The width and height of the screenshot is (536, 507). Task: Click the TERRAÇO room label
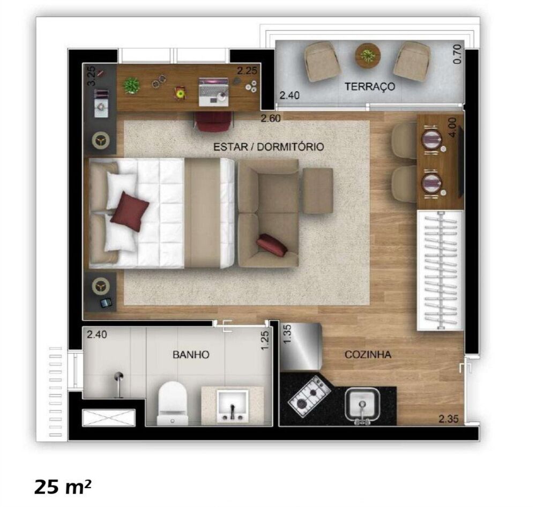click(370, 86)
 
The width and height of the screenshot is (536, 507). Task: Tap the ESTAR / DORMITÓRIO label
click(268, 146)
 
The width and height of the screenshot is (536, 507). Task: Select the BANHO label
click(190, 354)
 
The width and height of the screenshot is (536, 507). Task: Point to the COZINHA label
click(368, 354)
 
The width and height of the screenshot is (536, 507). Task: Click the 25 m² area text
click(63, 487)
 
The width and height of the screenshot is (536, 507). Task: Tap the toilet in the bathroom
click(172, 403)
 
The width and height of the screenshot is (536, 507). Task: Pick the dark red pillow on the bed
click(130, 211)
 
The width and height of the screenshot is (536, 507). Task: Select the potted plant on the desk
click(131, 85)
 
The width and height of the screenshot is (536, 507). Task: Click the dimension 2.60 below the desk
click(271, 118)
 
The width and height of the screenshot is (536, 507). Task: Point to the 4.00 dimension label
click(454, 128)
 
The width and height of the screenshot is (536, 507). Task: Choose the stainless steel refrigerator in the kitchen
click(301, 347)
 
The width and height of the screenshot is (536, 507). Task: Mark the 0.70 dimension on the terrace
click(457, 54)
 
